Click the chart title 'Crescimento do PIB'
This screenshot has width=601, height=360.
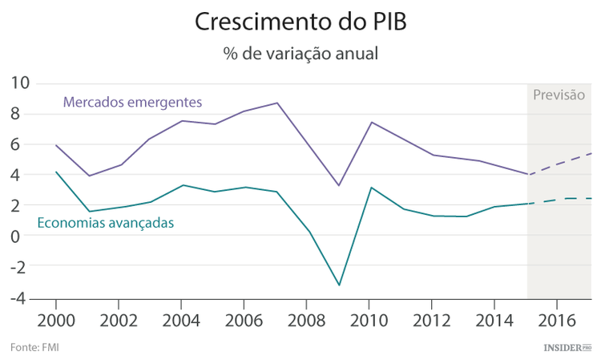click(300, 22)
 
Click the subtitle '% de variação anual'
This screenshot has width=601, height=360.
click(300, 54)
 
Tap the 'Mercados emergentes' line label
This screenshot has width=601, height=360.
click(132, 103)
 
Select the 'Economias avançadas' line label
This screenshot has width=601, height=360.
click(106, 223)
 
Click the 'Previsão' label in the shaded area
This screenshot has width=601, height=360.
click(559, 95)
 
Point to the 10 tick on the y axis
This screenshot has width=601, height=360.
click(20, 83)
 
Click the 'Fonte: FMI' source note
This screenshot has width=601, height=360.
click(34, 347)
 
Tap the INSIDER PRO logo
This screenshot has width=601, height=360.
click(567, 347)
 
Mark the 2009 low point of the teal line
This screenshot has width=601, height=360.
click(339, 285)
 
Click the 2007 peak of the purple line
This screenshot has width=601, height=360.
click(277, 103)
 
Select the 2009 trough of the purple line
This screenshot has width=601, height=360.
click(339, 185)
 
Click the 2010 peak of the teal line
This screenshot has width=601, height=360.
click(370, 188)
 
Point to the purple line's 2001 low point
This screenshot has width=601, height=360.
click(88, 176)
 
